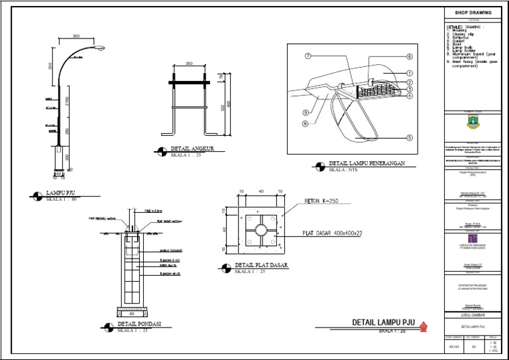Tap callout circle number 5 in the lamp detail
(410, 138)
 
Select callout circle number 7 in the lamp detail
(308, 56)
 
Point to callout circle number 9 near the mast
(307, 112)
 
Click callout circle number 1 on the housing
(410, 74)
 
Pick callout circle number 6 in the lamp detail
(410, 57)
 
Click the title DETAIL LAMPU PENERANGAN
(367, 162)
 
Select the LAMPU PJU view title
(64, 194)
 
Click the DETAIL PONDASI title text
(140, 325)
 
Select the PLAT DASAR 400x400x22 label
(333, 233)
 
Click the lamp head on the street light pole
(101, 48)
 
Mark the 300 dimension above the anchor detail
(189, 64)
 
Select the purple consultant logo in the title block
(472, 237)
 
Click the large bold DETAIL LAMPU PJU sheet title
(383, 322)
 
